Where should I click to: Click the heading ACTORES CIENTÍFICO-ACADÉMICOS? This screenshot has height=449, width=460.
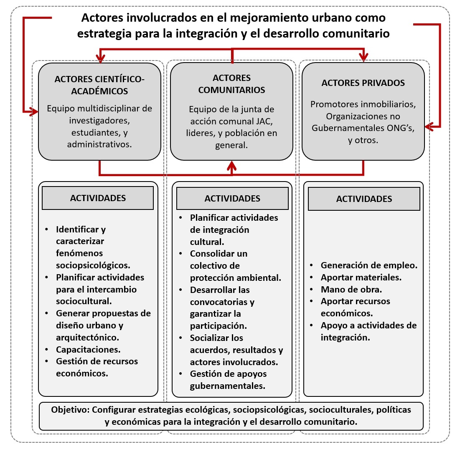[99, 85]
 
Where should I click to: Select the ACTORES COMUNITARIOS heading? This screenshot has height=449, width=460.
[231, 83]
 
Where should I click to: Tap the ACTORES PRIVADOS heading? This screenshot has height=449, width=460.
[363, 83]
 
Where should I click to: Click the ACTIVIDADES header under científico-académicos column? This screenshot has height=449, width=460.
[98, 198]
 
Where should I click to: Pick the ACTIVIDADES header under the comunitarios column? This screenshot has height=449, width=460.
[232, 198]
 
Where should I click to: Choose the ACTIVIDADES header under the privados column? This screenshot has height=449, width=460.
[364, 199]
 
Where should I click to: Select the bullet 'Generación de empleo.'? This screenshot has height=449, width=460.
[369, 265]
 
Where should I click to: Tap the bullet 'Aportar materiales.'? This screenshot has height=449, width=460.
[361, 277]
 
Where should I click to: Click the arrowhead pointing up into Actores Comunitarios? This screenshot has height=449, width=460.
[232, 165]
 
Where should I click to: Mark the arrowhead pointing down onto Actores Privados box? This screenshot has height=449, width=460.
[364, 57]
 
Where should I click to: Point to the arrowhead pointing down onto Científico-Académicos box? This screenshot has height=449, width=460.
[100, 57]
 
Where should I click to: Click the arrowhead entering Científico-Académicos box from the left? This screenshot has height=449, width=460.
[34, 111]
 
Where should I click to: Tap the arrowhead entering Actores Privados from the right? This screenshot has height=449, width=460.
[429, 124]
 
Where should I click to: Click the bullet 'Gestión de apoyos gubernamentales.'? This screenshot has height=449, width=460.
[228, 379]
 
